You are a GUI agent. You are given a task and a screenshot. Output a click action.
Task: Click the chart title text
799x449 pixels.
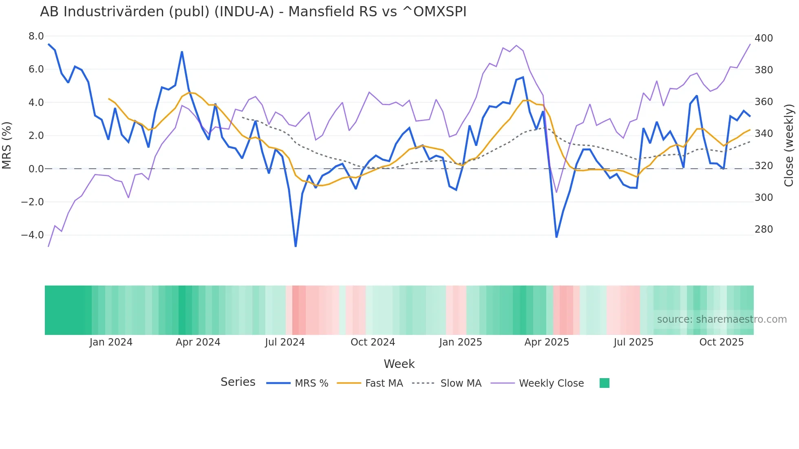(253, 12)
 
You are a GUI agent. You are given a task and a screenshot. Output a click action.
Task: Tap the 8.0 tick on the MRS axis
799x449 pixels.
(36, 36)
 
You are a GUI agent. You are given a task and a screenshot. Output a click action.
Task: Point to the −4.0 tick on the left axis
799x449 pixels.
(33, 235)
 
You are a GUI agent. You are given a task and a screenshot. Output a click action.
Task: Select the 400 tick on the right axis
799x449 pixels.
(764, 38)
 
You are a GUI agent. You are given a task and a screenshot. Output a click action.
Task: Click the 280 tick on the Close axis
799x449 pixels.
(764, 229)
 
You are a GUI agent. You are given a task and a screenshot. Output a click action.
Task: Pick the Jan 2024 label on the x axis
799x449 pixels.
(111, 342)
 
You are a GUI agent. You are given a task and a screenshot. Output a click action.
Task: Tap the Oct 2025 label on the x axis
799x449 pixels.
(721, 342)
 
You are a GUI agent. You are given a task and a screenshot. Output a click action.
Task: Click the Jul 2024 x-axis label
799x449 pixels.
(285, 342)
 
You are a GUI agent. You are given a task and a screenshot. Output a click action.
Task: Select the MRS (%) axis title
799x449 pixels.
(7, 145)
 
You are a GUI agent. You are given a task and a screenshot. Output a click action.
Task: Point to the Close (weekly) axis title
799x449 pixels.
(789, 145)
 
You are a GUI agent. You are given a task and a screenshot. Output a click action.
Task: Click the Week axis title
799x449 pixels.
(399, 364)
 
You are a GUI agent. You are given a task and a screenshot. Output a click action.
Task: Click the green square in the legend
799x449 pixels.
(605, 383)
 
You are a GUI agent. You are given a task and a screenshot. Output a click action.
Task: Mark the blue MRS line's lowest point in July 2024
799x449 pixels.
(296, 246)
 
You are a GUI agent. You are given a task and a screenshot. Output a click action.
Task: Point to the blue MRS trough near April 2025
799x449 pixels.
(556, 237)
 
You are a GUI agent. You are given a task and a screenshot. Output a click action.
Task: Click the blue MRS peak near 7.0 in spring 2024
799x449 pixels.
(182, 52)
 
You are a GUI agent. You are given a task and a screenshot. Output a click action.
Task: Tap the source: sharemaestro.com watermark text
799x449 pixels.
(722, 319)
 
